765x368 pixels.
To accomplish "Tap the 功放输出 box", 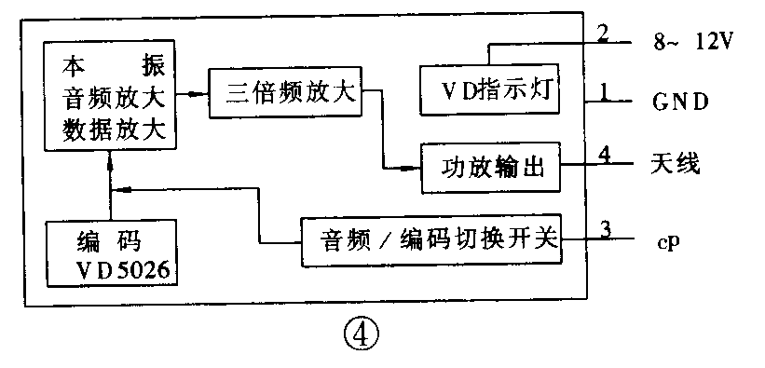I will tap(490, 169).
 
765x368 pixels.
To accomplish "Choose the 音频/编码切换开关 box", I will tap(431, 240).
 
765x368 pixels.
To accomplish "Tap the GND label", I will tap(679, 99).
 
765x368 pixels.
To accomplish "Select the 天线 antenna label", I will tap(675, 165).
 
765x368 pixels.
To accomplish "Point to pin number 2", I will tap(603, 34).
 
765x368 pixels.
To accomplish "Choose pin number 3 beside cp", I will tap(605, 229).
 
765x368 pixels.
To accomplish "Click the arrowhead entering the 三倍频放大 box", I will tap(200, 93).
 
